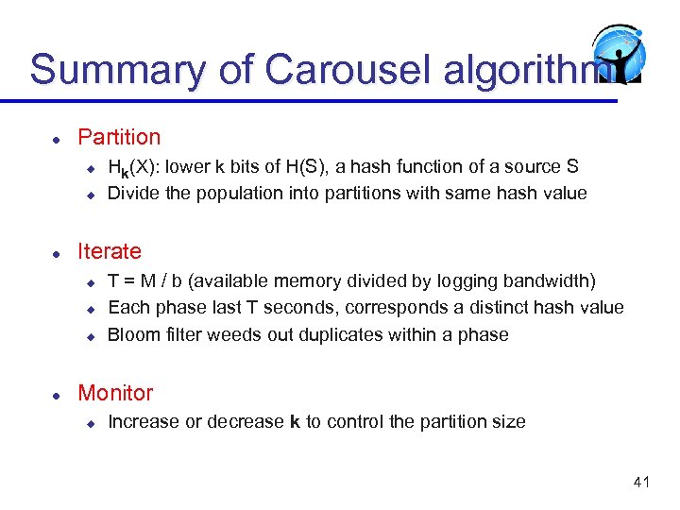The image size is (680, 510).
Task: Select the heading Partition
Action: (x=119, y=137)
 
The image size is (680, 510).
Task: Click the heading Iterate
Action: (x=110, y=251)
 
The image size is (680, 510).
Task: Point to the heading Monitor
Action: (x=115, y=393)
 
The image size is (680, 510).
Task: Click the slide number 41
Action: (x=641, y=483)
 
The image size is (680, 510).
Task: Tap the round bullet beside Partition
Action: (x=57, y=139)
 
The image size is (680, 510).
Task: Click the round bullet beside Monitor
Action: (x=57, y=395)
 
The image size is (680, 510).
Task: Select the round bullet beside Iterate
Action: (x=57, y=253)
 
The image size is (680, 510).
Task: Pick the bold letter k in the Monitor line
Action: (x=294, y=421)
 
